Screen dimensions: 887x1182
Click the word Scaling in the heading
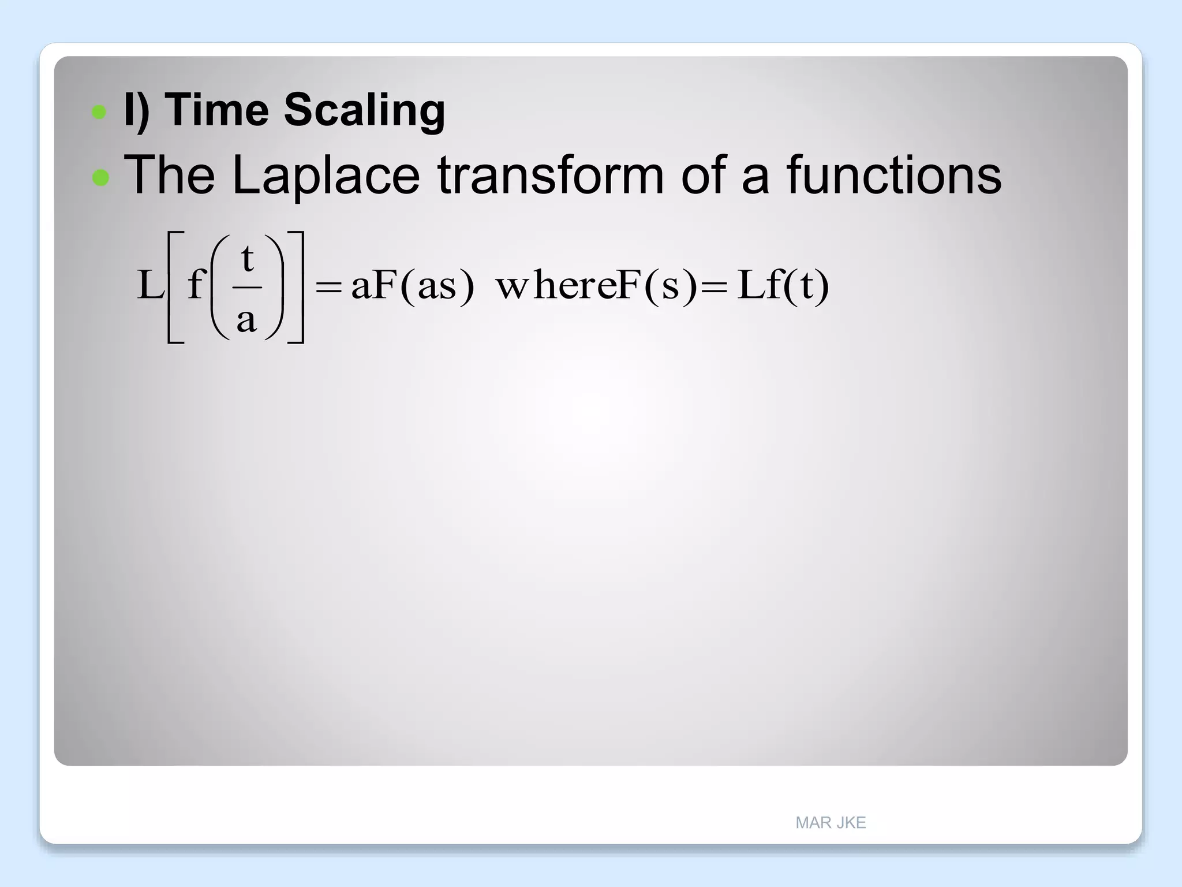click(364, 111)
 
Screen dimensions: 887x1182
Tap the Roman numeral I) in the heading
click(137, 110)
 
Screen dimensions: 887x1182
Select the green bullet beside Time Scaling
click(99, 111)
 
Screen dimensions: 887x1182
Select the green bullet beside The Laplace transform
click(100, 177)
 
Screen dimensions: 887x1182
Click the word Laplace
click(326, 176)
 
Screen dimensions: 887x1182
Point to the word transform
click(551, 175)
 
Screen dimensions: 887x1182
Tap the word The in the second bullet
click(169, 175)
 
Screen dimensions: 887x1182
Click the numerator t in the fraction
click(247, 258)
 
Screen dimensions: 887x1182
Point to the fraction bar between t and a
click(247, 287)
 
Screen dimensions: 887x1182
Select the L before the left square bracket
click(150, 285)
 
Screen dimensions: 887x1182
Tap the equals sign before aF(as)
click(328, 286)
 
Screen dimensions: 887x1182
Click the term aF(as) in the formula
click(413, 285)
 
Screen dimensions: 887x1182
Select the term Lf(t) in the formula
click(783, 285)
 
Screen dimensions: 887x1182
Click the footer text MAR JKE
click(830, 822)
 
